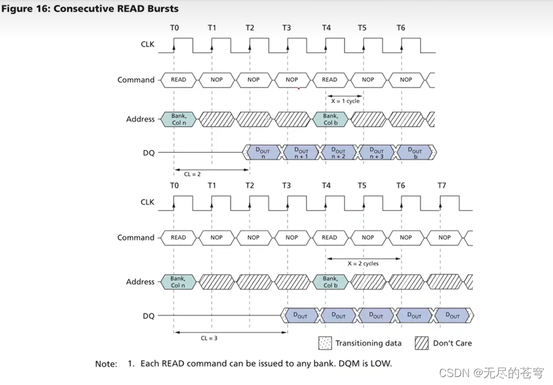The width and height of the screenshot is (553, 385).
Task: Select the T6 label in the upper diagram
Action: tap(401, 28)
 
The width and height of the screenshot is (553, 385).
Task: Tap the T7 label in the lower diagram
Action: tap(442, 185)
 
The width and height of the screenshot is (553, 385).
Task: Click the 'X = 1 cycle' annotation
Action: tap(345, 101)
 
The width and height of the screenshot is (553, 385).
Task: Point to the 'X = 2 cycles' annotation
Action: tap(363, 263)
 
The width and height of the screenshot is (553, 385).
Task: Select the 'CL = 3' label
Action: tap(209, 338)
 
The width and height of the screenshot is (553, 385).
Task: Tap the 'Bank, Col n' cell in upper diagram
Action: tap(178, 119)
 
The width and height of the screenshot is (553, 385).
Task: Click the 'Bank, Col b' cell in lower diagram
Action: tap(330, 282)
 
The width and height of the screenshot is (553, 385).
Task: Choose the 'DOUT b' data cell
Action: tap(416, 153)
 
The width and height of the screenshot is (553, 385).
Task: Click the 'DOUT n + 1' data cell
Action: tap(301, 153)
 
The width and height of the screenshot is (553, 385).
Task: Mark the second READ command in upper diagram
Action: tap(329, 80)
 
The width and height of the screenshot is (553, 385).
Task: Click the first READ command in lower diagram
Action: tap(178, 237)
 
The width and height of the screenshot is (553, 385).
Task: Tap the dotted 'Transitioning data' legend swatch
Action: tap(325, 343)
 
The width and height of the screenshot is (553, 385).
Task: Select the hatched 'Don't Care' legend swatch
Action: tap(421, 343)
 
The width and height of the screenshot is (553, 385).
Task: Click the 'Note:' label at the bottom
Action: tap(105, 364)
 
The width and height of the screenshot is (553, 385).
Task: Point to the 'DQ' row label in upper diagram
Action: tap(148, 153)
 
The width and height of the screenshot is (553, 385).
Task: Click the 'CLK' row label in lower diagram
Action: tap(147, 202)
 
